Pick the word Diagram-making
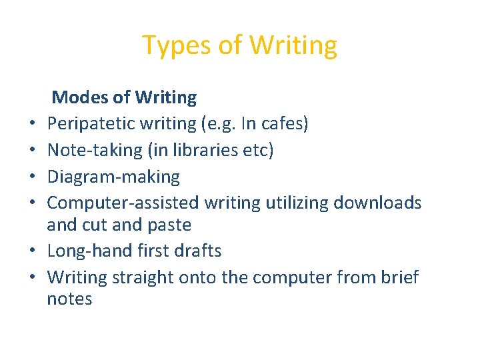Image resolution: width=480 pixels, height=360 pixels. (x=113, y=177)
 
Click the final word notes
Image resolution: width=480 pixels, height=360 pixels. (x=69, y=299)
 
